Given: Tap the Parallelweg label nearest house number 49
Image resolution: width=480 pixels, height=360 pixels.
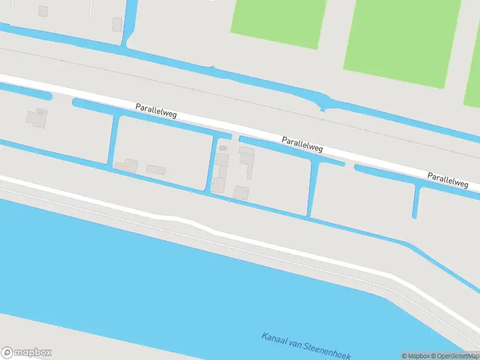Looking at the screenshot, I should (x=156, y=110).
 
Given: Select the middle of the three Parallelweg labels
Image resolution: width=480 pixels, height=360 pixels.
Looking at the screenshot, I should (x=302, y=144).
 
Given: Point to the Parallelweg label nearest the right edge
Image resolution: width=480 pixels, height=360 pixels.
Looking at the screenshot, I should (x=448, y=180).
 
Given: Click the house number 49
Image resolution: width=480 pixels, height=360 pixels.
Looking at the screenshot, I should (x=40, y=112).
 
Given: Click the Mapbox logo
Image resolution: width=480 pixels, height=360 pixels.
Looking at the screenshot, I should (x=26, y=353).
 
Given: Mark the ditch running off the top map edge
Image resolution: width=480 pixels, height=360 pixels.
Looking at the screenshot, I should (x=130, y=21).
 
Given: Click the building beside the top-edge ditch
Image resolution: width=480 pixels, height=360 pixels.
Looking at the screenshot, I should (x=117, y=24).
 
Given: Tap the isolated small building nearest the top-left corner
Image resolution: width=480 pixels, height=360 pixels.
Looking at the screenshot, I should (x=43, y=11).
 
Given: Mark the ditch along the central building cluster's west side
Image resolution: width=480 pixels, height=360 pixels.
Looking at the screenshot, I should (x=212, y=162).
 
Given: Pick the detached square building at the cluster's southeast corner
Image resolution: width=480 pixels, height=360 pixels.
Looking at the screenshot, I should (x=241, y=193).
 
